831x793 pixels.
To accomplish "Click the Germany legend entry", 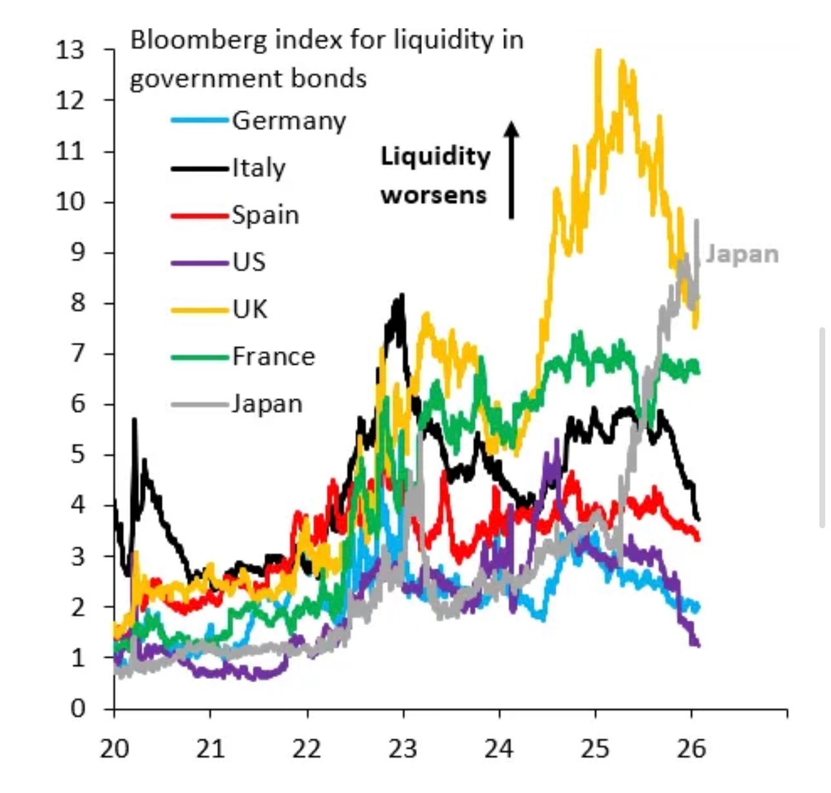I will click(289, 120).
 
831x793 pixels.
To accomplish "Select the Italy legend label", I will click(258, 167).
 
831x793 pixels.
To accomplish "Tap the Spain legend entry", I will click(265, 215).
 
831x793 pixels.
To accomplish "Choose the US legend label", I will click(249, 262).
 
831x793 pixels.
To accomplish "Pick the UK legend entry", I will click(250, 309).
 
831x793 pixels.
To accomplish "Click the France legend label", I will click(274, 356).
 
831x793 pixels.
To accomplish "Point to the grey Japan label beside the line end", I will click(742, 254).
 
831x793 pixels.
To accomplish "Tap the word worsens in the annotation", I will click(434, 195).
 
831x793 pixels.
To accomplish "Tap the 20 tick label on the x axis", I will click(113, 749).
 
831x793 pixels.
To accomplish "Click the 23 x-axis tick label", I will click(403, 749).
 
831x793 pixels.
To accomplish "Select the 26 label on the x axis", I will click(692, 749).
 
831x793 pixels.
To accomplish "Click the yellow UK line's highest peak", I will click(598, 52).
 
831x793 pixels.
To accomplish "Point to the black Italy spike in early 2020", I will click(135, 420).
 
